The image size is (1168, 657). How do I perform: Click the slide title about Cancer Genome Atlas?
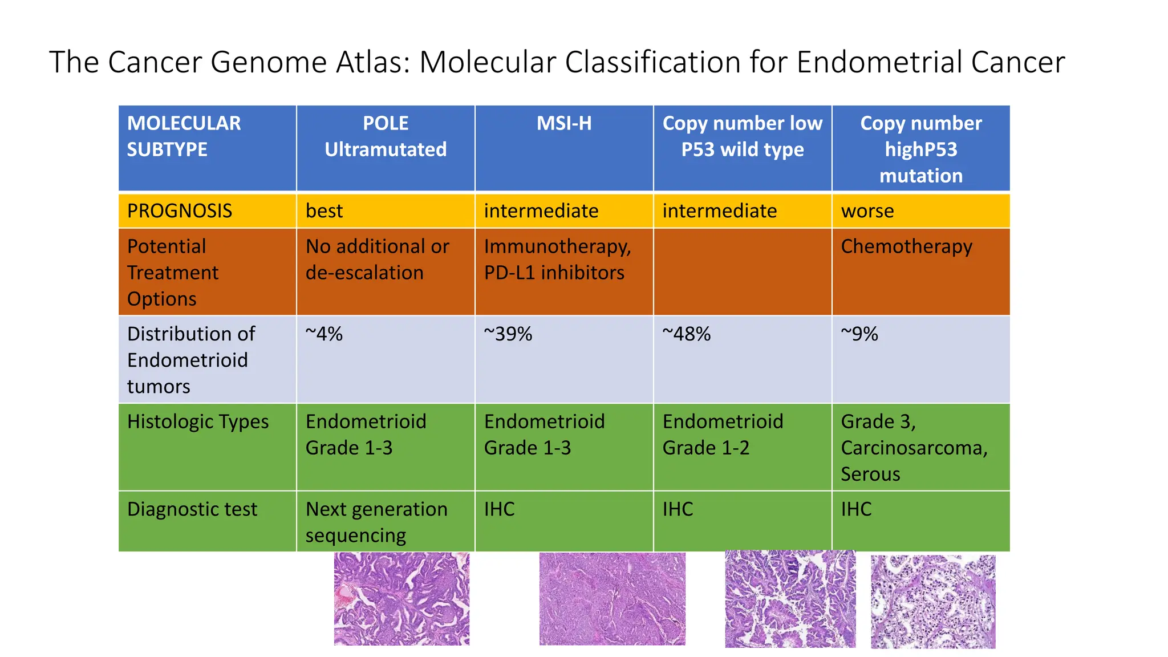point(557,62)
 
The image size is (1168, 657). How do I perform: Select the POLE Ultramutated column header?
point(386,136)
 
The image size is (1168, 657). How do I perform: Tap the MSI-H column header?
point(564,123)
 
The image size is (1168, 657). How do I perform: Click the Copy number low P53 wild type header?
point(742,136)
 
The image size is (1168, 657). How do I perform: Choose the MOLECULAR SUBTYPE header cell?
point(184,136)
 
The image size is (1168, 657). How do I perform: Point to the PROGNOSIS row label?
point(180,211)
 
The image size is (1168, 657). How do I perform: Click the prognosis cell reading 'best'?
point(324,211)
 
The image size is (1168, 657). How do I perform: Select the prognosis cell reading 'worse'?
point(867,211)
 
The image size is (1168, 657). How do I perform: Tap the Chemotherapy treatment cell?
point(906,246)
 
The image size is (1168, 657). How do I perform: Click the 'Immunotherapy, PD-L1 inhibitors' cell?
point(557,259)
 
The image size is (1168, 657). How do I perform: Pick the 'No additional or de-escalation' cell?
point(377,259)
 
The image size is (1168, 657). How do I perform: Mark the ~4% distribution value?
point(324,334)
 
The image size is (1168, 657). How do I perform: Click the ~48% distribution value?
point(686,334)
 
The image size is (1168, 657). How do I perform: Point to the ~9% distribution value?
point(859,334)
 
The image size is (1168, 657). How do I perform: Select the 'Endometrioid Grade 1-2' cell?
point(723,435)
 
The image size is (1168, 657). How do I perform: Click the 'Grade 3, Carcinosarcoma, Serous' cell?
point(914,448)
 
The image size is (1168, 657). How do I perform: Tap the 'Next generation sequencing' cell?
point(376,522)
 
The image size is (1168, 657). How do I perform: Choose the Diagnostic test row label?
point(192,509)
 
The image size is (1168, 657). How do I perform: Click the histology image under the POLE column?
point(401,599)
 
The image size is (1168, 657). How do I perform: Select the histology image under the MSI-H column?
point(612,599)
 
